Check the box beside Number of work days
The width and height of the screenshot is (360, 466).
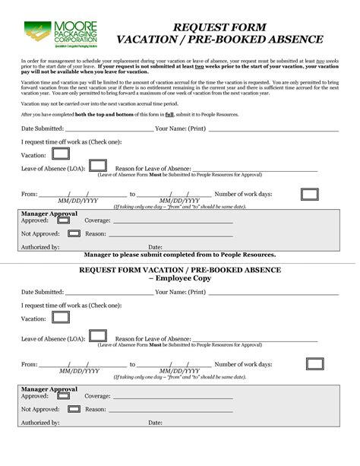point(309,195)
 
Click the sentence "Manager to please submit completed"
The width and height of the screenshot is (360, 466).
point(179,255)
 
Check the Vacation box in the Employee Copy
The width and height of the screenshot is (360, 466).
point(61,317)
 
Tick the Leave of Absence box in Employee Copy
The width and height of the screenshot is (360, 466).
point(97,335)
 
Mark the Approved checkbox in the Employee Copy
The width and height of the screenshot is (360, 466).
point(64,395)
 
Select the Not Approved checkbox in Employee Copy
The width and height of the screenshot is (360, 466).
point(74,409)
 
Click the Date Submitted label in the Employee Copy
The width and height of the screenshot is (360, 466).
point(42,292)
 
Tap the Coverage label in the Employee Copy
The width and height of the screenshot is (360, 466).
point(97,396)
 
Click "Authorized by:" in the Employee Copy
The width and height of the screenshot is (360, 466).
point(40,423)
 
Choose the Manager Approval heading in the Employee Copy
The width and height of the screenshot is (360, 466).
point(49,388)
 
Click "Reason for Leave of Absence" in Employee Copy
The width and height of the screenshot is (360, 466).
point(152,338)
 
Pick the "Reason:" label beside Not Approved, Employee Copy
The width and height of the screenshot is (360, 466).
point(95,409)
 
